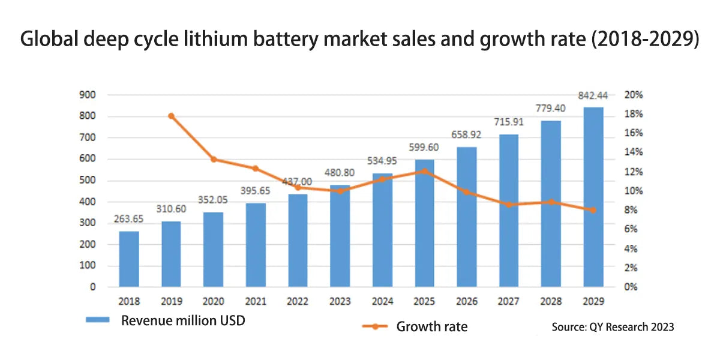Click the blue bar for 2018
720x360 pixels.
click(129, 259)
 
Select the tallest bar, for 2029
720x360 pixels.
click(593, 197)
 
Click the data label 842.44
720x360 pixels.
click(593, 95)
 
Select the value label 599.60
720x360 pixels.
click(425, 147)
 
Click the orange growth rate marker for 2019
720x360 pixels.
click(172, 116)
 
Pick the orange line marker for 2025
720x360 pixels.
click(425, 171)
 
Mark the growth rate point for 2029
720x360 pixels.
click(593, 210)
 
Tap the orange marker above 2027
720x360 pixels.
click(509, 205)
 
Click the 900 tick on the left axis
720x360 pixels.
click(88, 95)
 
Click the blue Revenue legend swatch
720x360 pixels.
click(97, 320)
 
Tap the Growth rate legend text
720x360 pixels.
click(431, 326)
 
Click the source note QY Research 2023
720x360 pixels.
click(613, 327)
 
